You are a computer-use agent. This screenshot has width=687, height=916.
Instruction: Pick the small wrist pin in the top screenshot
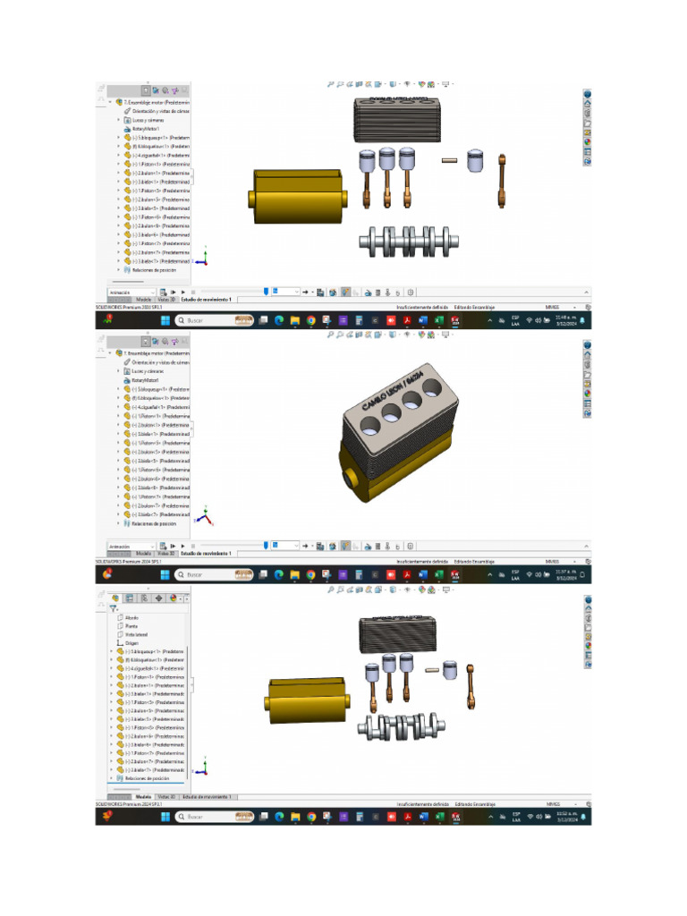point(450,161)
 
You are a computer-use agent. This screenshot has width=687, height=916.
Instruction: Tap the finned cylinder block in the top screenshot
point(398,119)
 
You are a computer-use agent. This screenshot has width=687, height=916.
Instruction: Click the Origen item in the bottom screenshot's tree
point(131,642)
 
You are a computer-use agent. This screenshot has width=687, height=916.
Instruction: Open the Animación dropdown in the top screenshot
point(131,292)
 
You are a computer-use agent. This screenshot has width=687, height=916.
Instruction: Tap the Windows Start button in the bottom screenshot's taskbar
point(165,817)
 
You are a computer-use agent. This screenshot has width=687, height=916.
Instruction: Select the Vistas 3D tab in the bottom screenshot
point(165,796)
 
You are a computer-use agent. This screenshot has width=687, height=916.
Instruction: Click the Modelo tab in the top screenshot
point(143,300)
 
